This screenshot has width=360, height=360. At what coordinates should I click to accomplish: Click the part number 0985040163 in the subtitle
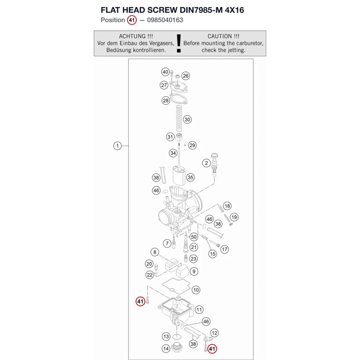point(165,20)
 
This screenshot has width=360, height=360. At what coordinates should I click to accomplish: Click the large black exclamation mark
point(179,44)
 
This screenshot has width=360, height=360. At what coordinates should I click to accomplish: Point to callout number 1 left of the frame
point(117,146)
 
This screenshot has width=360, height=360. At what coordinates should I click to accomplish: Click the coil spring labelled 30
point(179,118)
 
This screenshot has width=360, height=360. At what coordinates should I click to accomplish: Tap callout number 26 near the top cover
point(185,76)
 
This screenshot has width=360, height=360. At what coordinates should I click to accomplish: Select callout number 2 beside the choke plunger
point(206,163)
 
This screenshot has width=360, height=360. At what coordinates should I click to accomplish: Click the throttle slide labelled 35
point(179,175)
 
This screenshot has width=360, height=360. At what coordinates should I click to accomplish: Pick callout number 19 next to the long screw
point(234,217)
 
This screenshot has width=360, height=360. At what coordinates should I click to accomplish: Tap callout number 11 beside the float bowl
point(199,310)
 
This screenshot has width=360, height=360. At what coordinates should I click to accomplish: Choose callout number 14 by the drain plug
point(166,349)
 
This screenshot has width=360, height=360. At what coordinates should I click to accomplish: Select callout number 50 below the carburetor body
point(194,237)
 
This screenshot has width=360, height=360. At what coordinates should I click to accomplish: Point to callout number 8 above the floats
point(155,252)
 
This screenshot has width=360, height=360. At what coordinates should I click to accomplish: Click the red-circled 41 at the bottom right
point(212,349)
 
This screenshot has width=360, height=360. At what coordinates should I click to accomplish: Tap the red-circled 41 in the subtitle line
point(132,20)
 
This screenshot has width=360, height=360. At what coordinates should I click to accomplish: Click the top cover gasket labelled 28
point(178,98)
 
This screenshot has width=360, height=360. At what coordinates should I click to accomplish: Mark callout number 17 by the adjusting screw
point(225,249)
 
